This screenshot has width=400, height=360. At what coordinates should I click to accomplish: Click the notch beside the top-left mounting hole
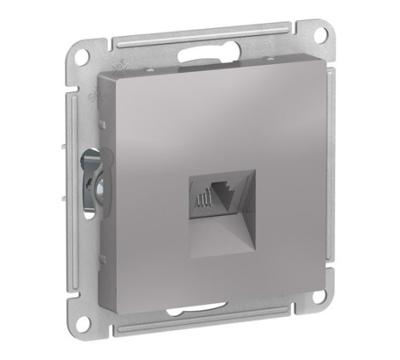96,54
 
